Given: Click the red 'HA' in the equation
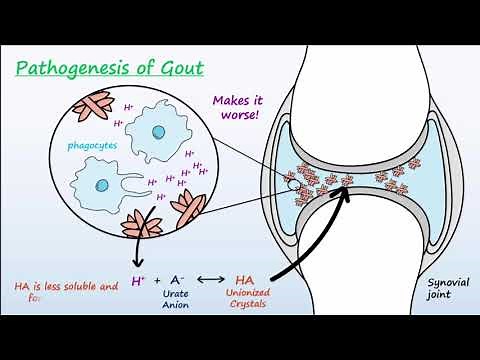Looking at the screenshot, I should (x=246, y=281).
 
